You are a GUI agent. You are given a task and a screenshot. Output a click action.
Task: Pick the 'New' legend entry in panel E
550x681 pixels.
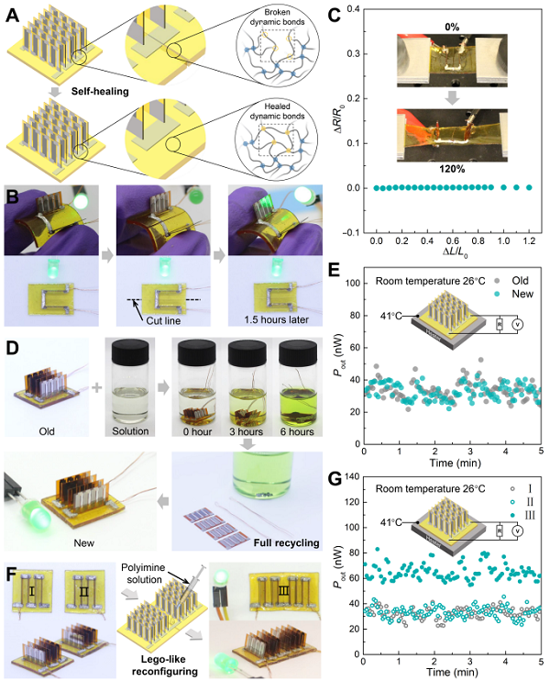(x=523, y=293)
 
